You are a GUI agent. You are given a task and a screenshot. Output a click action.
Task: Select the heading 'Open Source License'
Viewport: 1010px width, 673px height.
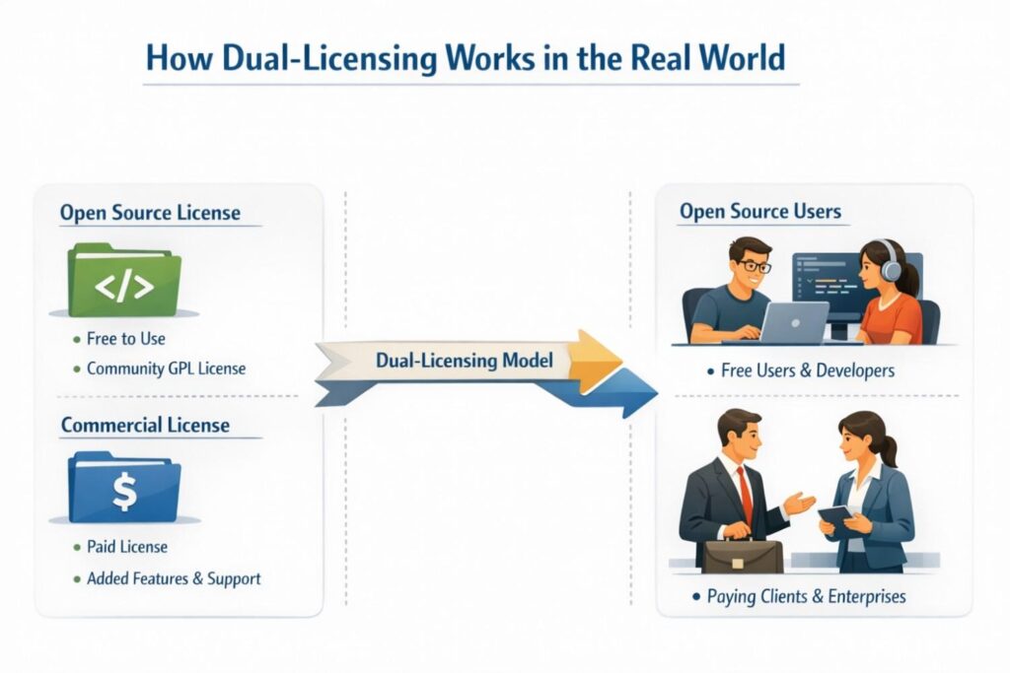(x=149, y=213)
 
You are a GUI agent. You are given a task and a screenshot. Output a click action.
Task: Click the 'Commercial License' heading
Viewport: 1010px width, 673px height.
(x=145, y=426)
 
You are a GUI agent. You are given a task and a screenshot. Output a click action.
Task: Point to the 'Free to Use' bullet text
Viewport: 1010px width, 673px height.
(x=126, y=339)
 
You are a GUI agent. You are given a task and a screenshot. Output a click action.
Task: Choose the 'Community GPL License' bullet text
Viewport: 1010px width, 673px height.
(x=166, y=369)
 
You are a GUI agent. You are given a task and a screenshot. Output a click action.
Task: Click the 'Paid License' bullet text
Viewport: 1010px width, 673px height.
(x=127, y=547)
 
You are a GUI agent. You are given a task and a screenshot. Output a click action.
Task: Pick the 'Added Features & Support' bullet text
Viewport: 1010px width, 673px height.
(x=174, y=578)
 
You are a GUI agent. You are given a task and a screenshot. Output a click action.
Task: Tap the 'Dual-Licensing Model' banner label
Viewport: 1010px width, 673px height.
(x=465, y=362)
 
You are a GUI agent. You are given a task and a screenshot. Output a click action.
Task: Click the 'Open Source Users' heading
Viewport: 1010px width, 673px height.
(x=760, y=212)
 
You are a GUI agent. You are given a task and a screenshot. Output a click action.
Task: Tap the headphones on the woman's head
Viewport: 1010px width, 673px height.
(x=891, y=260)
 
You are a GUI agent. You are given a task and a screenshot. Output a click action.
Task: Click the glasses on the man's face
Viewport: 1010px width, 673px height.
(x=755, y=264)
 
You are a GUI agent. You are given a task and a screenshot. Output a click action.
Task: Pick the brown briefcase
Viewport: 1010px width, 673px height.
(x=743, y=555)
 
